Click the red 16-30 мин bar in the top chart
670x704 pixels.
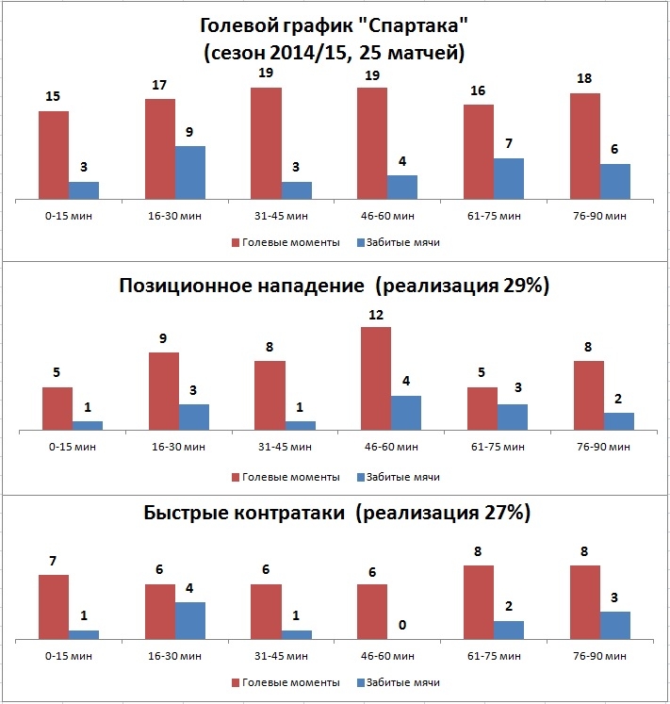(160, 148)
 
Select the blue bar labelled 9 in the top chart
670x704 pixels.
(189, 172)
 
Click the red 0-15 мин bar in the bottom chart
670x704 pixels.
(54, 607)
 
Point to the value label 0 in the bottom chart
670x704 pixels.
(402, 625)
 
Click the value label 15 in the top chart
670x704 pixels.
(54, 96)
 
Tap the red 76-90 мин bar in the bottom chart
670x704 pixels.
(585, 602)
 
